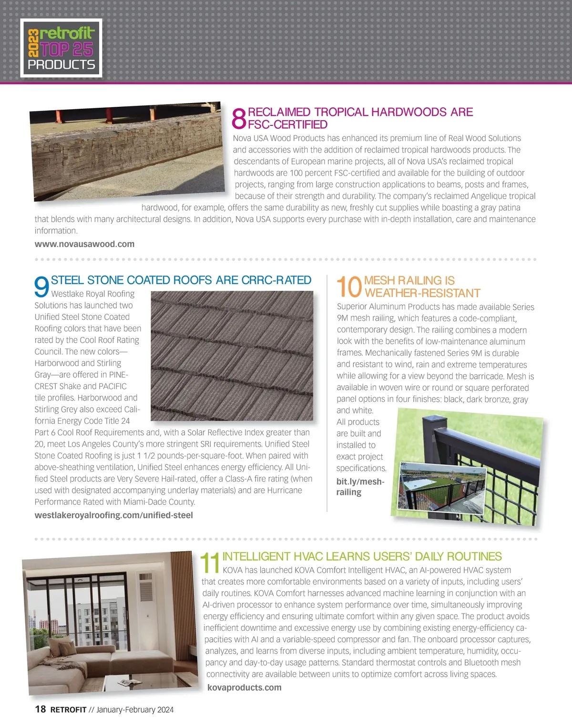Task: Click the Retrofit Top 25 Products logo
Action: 61,48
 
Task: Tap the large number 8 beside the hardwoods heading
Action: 239,118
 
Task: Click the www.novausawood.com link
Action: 84,244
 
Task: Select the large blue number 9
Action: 42,287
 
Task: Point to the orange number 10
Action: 349,287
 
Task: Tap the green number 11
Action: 210,563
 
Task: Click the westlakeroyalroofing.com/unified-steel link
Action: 113,515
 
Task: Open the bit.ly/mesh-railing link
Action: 359,487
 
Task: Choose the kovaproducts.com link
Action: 244,687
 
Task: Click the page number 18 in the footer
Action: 41,709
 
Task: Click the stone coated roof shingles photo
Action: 232,356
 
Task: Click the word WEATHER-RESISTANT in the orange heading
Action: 422,293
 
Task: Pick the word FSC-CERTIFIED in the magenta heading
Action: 287,124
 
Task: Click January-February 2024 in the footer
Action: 135,710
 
